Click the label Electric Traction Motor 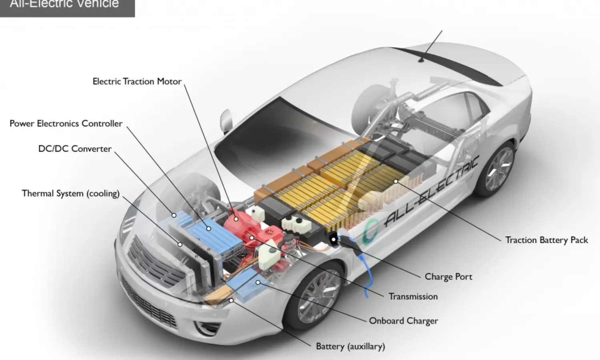(137, 82)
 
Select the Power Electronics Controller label (66, 124)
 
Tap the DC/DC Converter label (75, 149)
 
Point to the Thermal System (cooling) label (70, 194)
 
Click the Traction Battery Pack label (546, 240)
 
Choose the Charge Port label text (448, 277)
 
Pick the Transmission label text (413, 296)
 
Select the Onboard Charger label (403, 321)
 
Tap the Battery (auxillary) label (350, 346)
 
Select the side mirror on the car (226, 120)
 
